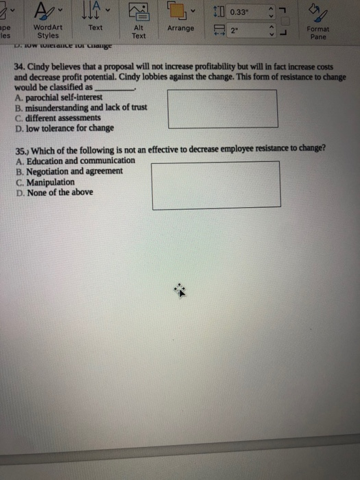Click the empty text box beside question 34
(x=222, y=108)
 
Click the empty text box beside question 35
(x=216, y=184)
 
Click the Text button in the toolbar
(x=95, y=27)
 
